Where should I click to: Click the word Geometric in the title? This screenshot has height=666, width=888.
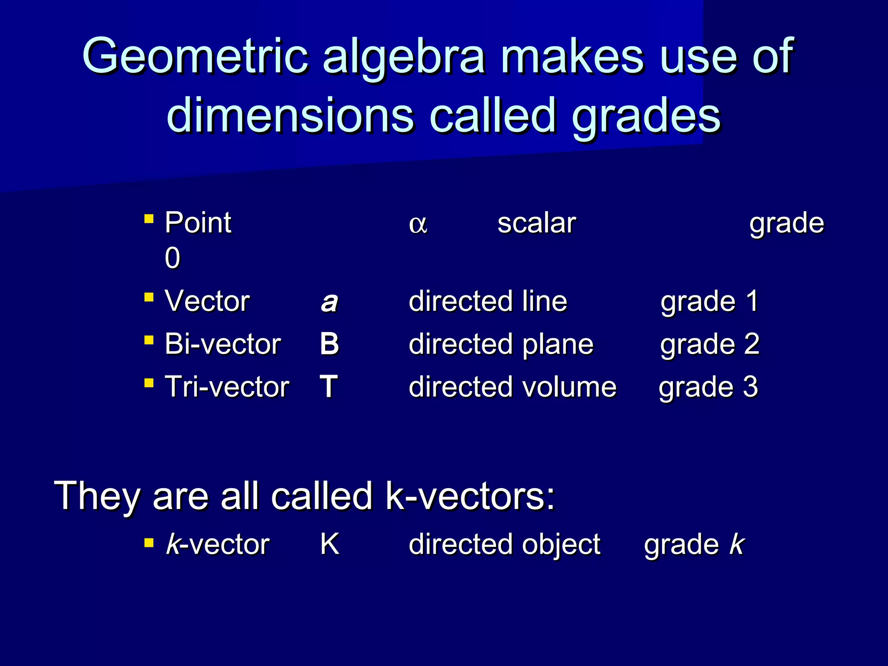point(195,56)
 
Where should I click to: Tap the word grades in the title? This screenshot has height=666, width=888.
point(646,116)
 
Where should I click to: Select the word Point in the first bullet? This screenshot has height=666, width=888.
point(198,223)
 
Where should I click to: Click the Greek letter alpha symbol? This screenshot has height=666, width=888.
point(418,225)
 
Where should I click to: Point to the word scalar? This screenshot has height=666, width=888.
point(536,223)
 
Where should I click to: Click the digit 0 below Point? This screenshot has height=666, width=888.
point(172,258)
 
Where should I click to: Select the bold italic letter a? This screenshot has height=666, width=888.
point(329,302)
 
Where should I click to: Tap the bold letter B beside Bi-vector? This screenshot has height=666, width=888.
point(329,344)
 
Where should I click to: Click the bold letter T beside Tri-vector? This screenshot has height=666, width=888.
point(329,386)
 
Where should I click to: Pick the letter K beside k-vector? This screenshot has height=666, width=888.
point(330,544)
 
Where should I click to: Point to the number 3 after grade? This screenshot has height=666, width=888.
point(750,386)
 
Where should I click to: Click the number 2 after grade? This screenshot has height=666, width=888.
point(751,344)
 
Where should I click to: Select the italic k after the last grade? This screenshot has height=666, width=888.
point(737,544)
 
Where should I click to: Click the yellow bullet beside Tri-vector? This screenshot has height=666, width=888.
point(149,383)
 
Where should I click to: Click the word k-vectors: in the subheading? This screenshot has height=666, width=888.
point(470,496)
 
